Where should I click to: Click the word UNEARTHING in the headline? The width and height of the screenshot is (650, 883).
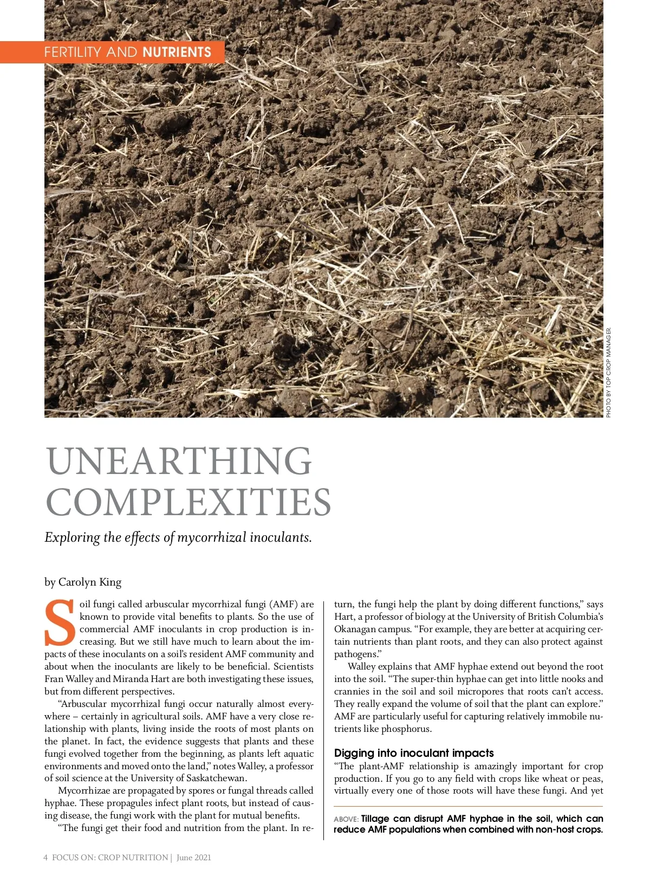pos(179,461)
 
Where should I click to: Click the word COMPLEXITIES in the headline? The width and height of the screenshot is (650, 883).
pos(188,502)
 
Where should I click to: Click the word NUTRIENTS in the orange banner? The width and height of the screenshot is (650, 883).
pos(177,53)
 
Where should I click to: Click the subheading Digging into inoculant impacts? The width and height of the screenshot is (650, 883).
pos(414,753)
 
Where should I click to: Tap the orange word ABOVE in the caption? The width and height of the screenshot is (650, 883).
pos(346,820)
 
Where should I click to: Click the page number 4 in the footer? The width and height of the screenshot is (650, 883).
pos(45,858)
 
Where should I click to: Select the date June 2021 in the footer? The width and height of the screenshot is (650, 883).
pos(193,858)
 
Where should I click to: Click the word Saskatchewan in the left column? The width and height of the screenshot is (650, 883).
pos(216,778)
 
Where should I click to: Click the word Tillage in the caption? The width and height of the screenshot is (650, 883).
pos(375,819)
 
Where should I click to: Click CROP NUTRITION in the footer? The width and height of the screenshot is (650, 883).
pos(133,858)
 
